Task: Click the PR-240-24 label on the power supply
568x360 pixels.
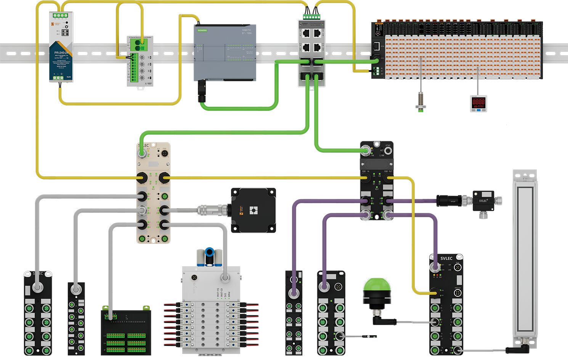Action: click(61, 53)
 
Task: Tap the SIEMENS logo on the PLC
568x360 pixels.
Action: click(202, 30)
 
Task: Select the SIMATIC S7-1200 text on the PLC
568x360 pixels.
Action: click(247, 31)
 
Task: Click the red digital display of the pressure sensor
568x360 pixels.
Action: click(478, 102)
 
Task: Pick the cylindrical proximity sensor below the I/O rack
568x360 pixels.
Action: click(421, 100)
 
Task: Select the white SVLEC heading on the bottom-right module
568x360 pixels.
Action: click(446, 258)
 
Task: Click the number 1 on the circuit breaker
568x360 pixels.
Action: click(149, 58)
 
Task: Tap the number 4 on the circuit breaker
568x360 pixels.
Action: click(149, 78)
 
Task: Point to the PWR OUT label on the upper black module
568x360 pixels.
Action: click(388, 172)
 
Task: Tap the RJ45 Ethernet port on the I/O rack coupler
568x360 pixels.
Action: click(376, 46)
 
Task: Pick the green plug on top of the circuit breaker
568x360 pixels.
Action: click(139, 45)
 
